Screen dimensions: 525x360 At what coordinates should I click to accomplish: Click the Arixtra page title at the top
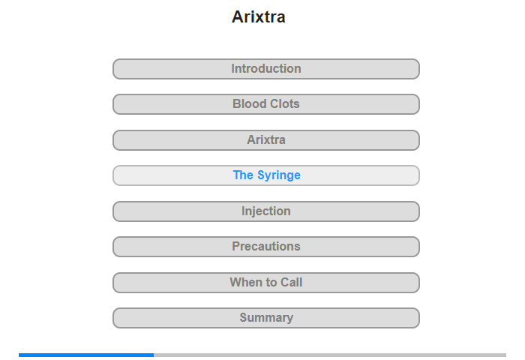[259, 16]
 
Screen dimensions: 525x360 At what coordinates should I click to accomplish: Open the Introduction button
[266, 69]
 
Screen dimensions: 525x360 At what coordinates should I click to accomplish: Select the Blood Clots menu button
[266, 104]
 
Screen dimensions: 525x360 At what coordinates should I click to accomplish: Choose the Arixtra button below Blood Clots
[266, 140]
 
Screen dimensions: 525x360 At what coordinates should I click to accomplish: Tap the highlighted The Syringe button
[266, 175]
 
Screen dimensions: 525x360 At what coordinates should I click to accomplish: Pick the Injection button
[266, 211]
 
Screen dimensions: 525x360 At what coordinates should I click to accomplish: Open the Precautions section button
[266, 247]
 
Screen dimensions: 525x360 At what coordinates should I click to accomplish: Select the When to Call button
[266, 283]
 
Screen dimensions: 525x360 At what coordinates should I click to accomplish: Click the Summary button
[266, 318]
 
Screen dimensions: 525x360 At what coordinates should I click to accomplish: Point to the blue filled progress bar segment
[86, 355]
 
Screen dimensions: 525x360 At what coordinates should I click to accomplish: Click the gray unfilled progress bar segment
[330, 355]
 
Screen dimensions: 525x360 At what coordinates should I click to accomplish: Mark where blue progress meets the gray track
[154, 355]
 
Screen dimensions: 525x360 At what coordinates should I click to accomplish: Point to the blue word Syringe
[279, 175]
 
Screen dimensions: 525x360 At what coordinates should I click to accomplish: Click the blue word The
[243, 175]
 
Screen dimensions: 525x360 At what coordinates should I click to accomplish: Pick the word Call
[291, 282]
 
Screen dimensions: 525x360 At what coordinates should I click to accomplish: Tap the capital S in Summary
[244, 317]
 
